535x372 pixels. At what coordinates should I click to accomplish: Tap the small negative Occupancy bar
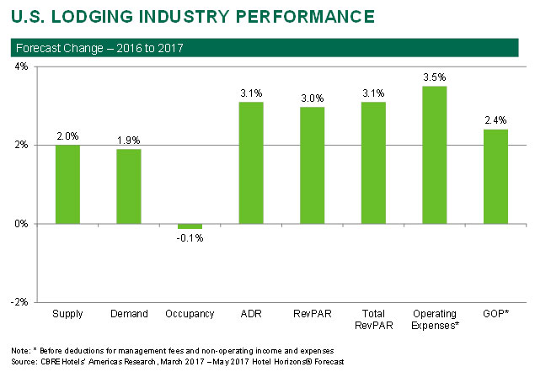(190, 226)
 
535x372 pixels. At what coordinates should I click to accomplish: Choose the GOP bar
(495, 177)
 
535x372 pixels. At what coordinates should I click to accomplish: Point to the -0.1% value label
(190, 238)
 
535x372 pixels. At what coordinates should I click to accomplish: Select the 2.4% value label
(495, 120)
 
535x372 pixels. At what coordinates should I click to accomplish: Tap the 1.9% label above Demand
(129, 140)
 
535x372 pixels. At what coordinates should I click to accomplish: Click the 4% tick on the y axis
(19, 66)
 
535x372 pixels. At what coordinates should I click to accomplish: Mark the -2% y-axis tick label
(17, 301)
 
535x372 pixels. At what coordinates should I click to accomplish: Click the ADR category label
(251, 314)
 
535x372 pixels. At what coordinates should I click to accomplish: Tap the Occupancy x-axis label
(190, 314)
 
